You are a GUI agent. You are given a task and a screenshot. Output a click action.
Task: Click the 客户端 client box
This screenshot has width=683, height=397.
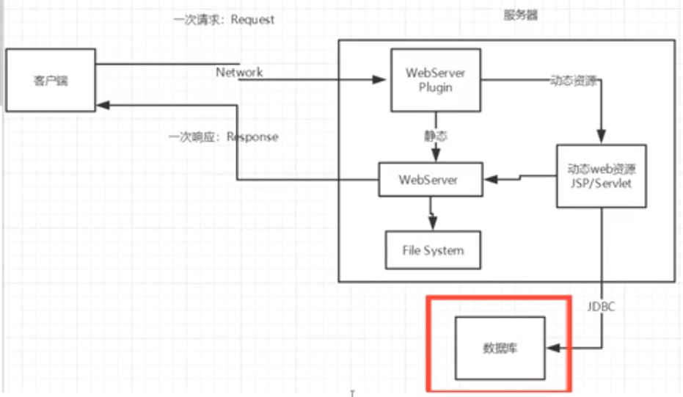50,80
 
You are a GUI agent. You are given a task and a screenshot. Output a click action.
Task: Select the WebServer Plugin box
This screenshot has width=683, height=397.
435,80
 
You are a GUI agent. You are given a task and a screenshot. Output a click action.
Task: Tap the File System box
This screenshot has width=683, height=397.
433,250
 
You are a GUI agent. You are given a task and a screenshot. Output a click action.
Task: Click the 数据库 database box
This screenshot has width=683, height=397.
500,348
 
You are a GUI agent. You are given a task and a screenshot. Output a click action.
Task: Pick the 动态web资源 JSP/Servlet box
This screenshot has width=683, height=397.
602,175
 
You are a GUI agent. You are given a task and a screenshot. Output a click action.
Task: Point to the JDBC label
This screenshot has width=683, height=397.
601,307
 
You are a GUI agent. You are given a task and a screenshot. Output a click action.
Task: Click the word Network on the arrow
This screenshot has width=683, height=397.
239,73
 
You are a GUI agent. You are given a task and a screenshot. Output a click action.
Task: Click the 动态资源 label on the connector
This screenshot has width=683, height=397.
573,81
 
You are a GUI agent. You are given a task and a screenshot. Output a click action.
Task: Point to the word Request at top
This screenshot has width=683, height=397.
252,20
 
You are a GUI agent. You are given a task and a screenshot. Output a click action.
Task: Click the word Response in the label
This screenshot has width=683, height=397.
252,136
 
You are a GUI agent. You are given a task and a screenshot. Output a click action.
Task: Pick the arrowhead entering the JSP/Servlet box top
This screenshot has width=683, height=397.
602,137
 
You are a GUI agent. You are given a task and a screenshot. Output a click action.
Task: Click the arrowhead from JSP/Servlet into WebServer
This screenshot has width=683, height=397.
489,179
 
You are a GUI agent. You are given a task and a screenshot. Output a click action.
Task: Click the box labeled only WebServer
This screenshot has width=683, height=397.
431,180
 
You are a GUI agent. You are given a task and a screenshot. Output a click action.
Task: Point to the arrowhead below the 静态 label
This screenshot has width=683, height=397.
436,156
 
